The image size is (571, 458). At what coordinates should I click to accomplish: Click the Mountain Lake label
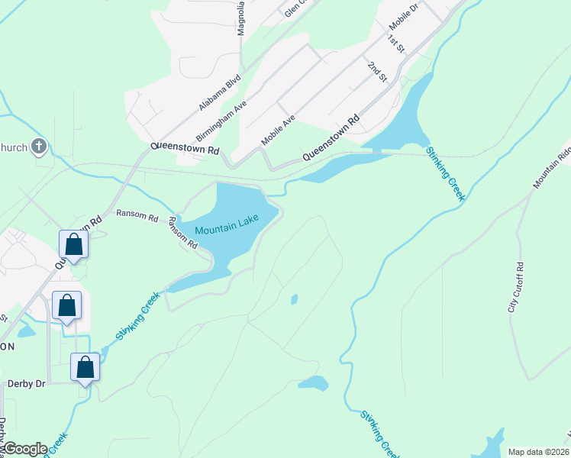pyautogui.click(x=227, y=224)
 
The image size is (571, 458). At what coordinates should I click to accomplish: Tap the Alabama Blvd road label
pyautogui.click(x=220, y=92)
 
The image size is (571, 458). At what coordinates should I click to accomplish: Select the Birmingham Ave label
pyautogui.click(x=221, y=121)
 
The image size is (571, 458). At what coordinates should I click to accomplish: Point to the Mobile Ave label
pyautogui.click(x=278, y=131)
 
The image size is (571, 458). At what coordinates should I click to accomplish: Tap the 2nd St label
pyautogui.click(x=377, y=72)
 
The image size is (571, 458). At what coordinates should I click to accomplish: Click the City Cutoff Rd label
pyautogui.click(x=517, y=288)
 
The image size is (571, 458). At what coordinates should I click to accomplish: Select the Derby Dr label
pyautogui.click(x=26, y=384)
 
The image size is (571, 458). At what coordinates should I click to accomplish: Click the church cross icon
pyautogui.click(x=40, y=147)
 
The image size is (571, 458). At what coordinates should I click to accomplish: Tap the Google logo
pyautogui.click(x=25, y=448)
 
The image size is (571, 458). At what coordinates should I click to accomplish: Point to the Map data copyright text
pyautogui.click(x=538, y=452)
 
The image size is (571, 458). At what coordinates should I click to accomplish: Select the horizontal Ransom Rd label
pyautogui.click(x=137, y=216)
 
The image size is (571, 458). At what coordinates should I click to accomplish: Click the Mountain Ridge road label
pyautogui.click(x=552, y=166)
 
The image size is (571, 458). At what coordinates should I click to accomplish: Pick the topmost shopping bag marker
pyautogui.click(x=74, y=244)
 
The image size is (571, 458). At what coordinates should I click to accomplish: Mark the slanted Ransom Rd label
pyautogui.click(x=183, y=233)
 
